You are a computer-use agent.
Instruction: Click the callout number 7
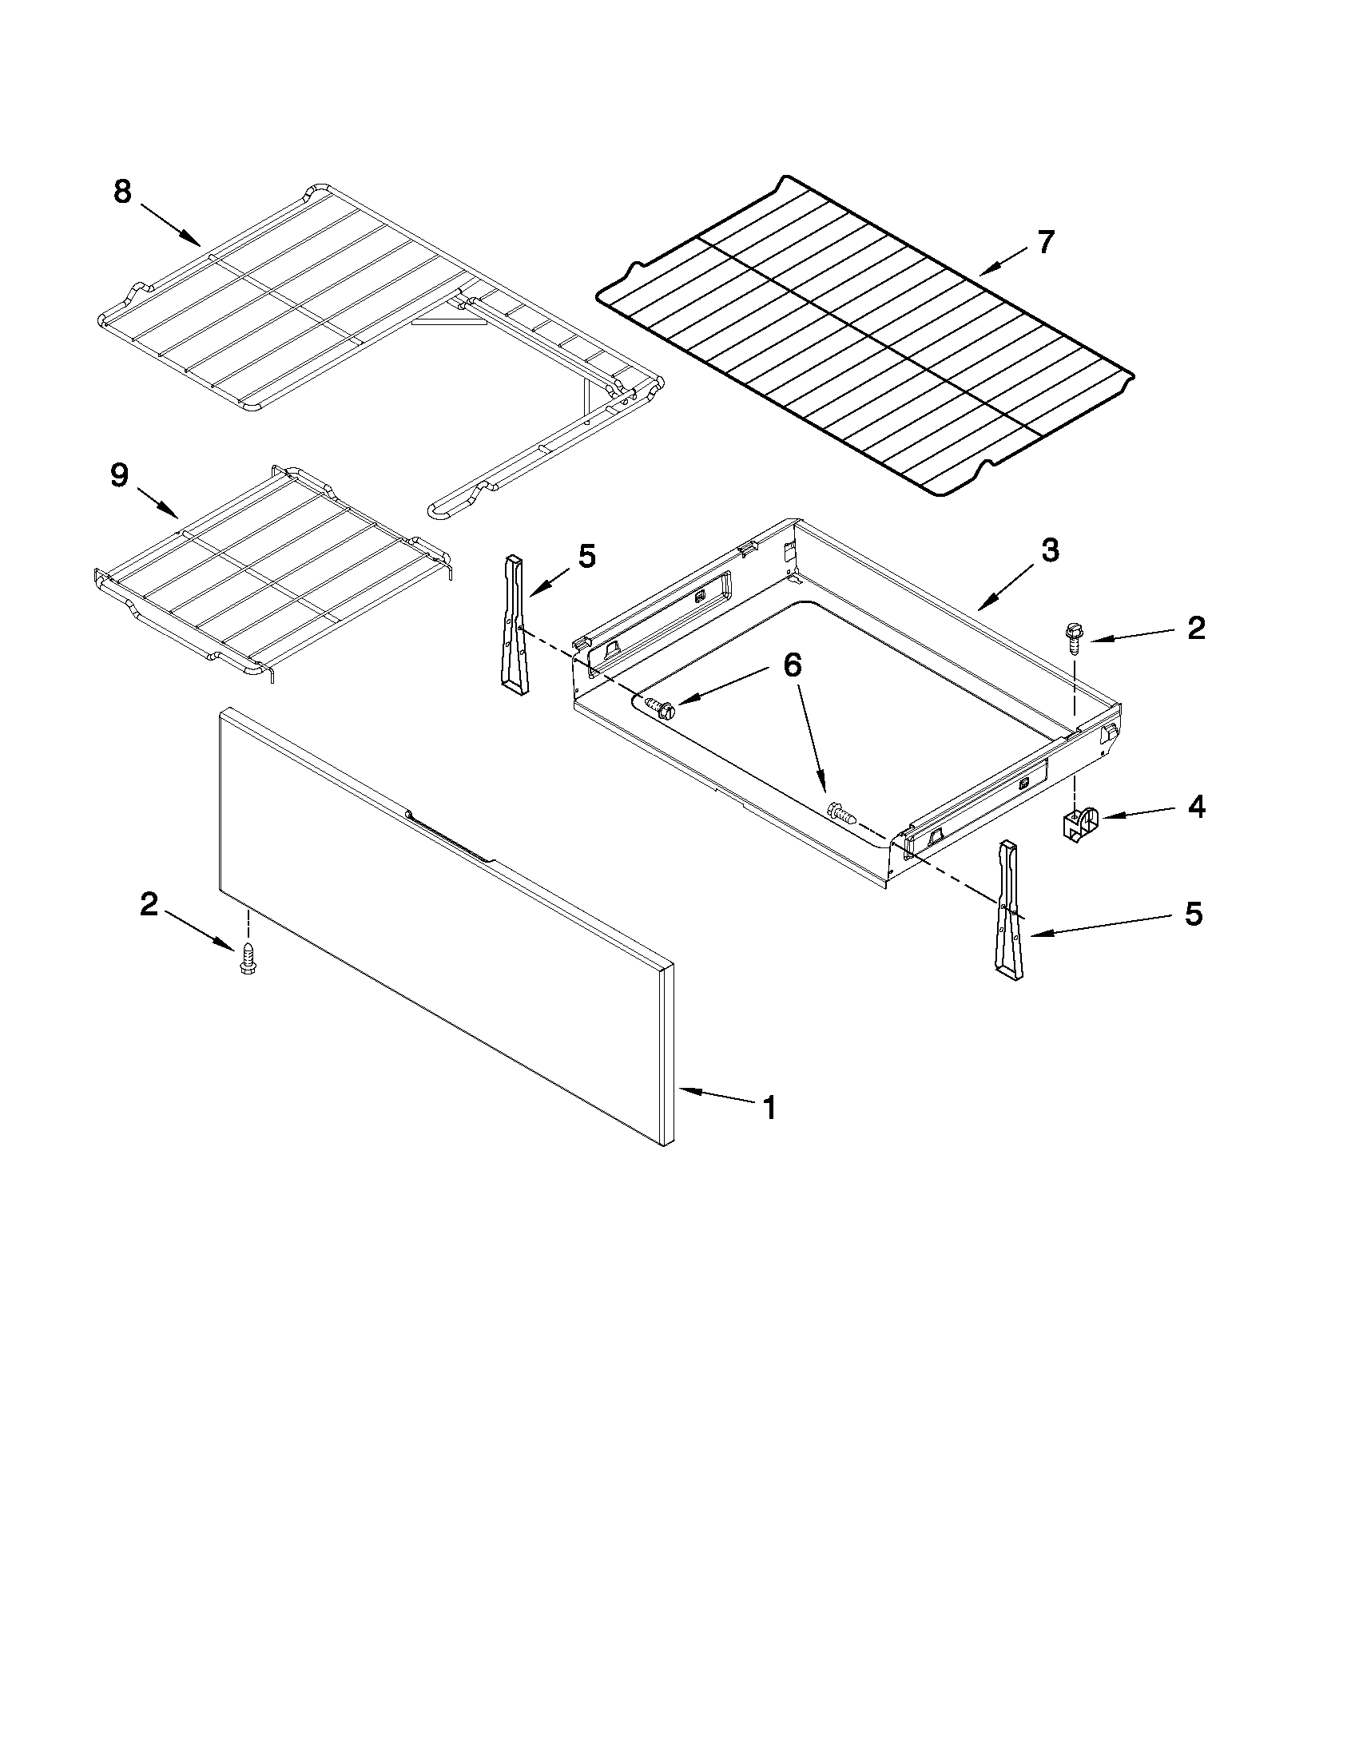(x=1045, y=241)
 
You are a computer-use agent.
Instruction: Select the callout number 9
(x=119, y=476)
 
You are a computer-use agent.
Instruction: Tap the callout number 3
(x=1049, y=550)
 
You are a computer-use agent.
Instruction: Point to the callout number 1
(x=769, y=1109)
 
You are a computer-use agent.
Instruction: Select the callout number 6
(x=793, y=664)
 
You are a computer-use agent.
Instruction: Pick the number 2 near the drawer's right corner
(x=1196, y=628)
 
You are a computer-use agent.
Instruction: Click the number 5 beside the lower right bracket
(x=1192, y=914)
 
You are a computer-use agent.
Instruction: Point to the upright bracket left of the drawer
(x=514, y=624)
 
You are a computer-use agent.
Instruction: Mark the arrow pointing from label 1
(x=715, y=1096)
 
